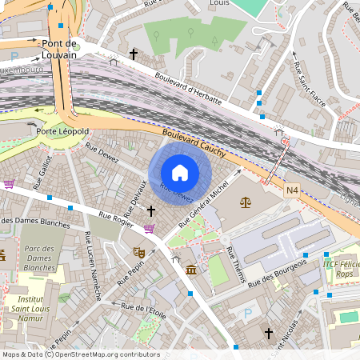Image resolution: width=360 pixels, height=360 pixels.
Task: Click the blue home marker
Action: click(179, 172)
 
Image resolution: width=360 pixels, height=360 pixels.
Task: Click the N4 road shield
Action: click(293, 191)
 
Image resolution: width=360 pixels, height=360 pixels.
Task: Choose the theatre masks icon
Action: click(138, 252)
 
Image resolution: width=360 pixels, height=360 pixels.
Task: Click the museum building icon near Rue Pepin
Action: click(191, 270)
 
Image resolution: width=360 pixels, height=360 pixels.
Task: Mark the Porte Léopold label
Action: click(62, 130)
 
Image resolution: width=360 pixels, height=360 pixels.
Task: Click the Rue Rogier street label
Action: click(115, 215)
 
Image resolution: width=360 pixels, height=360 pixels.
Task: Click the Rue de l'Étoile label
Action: click(143, 310)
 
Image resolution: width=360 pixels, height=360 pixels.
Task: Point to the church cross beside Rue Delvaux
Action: click(151, 210)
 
